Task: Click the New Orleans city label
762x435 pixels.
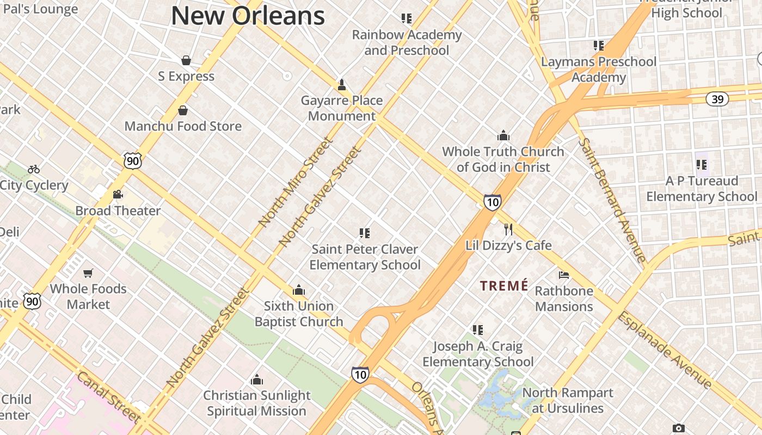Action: (248, 15)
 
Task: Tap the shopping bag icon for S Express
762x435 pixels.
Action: (186, 60)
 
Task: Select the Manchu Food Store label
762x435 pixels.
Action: (183, 126)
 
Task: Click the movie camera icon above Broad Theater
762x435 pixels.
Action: (118, 194)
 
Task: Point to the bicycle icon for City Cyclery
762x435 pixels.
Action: (34, 169)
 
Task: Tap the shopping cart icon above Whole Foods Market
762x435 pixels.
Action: (88, 272)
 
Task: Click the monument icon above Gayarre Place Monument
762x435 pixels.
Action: (342, 85)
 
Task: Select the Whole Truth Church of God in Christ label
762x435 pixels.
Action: (503, 159)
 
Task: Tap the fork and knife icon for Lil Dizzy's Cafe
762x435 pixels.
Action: (508, 229)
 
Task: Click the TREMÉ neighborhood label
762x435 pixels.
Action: (504, 285)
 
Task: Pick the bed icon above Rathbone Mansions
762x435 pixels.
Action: (564, 275)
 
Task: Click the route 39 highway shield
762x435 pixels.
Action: (717, 99)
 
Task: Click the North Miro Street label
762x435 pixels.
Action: (296, 182)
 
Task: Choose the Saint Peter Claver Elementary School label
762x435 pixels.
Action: (365, 257)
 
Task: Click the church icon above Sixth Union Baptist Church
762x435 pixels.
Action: (299, 290)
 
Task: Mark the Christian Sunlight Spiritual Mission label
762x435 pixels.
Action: (256, 403)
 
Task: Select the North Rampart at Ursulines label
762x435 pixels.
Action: (568, 400)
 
